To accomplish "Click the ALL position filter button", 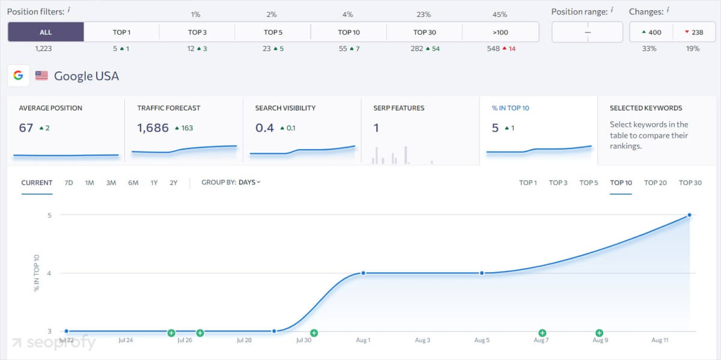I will click(46, 32).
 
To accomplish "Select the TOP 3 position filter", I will click(197, 32).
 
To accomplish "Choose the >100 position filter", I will click(500, 32).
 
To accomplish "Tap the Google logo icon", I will click(19, 76).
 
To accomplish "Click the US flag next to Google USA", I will click(41, 76).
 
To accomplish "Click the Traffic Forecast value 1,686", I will click(153, 127).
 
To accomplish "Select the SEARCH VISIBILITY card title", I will click(285, 108).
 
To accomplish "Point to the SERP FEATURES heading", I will click(398, 108).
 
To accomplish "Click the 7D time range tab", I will click(68, 183).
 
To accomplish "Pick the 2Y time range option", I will click(173, 183).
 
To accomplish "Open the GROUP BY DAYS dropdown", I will click(231, 183).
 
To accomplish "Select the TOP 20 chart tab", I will click(655, 183).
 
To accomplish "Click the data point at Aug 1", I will click(363, 273).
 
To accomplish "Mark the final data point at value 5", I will click(689, 215).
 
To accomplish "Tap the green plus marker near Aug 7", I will click(542, 333).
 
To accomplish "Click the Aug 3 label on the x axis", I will click(422, 340).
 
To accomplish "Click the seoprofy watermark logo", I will click(53, 343).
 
